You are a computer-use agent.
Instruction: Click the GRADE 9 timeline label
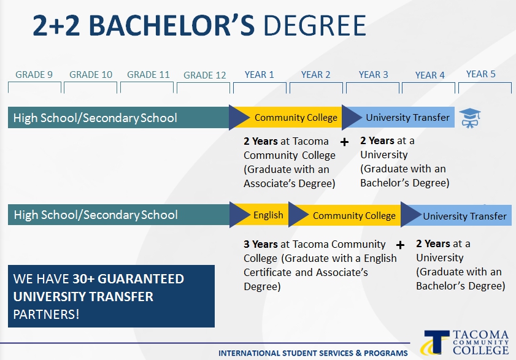pyautogui.click(x=34, y=75)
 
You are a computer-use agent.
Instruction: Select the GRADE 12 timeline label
pyautogui.click(x=205, y=75)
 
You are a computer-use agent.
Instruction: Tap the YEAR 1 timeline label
pyautogui.click(x=260, y=75)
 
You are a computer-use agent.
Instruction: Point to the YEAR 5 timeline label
pyautogui.click(x=481, y=74)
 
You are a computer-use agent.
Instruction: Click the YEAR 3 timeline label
pyautogui.click(x=374, y=75)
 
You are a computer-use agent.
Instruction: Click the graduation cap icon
pyautogui.click(x=470, y=118)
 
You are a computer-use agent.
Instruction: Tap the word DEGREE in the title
pyautogui.click(x=315, y=25)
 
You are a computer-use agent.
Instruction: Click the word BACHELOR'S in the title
pyautogui.click(x=171, y=25)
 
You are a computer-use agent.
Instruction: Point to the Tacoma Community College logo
pyautogui.click(x=464, y=343)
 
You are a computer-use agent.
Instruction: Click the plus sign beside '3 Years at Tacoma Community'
pyautogui.click(x=400, y=245)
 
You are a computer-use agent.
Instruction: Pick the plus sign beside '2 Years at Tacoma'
pyautogui.click(x=344, y=142)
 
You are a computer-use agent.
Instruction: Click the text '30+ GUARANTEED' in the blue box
pyautogui.click(x=128, y=279)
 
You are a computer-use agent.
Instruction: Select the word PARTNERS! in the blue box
pyautogui.click(x=46, y=314)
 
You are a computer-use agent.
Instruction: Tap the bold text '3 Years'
pyautogui.click(x=261, y=244)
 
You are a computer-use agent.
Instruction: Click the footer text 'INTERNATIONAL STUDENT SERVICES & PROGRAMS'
pyautogui.click(x=313, y=353)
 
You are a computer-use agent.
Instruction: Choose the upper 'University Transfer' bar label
pyautogui.click(x=408, y=118)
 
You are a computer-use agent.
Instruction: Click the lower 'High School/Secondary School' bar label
pyautogui.click(x=96, y=215)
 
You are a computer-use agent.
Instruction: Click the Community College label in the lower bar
pyautogui.click(x=354, y=216)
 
